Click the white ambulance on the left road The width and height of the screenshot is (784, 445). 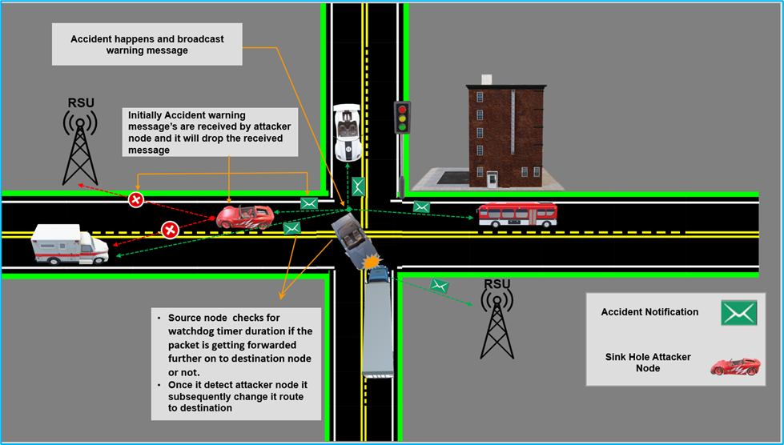tap(70, 244)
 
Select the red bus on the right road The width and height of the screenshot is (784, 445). tap(517, 215)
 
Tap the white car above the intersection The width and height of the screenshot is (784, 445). tap(347, 133)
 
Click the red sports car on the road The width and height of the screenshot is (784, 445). tap(244, 216)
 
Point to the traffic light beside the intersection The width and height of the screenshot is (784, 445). tap(403, 118)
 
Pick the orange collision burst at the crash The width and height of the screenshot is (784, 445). tap(371, 262)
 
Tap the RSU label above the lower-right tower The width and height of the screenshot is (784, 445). tap(497, 283)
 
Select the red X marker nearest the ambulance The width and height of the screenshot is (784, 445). tap(170, 231)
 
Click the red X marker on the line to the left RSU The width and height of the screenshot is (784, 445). tap(136, 198)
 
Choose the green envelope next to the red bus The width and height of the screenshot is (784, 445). tap(421, 207)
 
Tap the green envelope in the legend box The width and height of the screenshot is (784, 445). tap(738, 312)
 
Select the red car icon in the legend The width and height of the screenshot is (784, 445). tap(734, 367)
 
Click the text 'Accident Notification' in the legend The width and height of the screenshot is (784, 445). tap(649, 312)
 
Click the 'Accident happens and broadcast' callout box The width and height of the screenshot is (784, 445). tap(147, 44)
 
